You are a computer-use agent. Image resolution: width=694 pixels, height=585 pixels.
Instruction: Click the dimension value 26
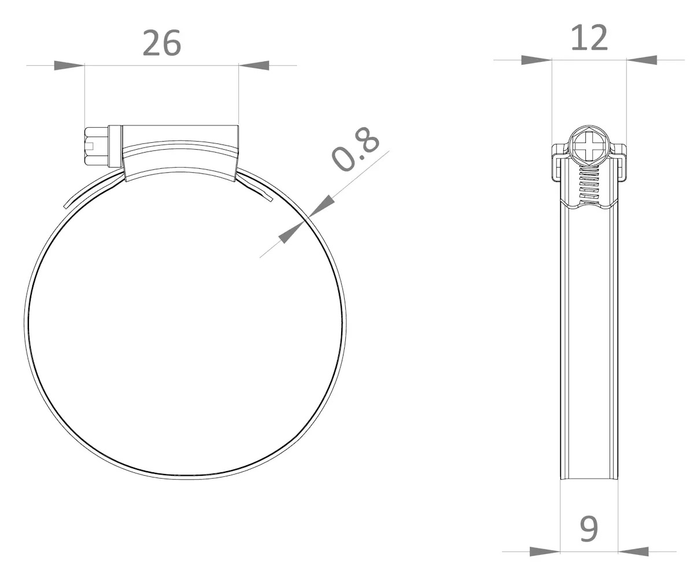162,43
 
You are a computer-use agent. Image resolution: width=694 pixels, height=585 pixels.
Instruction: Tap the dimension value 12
589,38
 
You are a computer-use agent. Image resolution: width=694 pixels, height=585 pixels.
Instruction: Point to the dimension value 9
589,529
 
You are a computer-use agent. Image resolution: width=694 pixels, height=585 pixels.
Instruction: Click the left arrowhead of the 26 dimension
69,65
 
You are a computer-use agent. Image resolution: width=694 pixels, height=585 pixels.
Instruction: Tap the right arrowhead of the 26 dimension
254,65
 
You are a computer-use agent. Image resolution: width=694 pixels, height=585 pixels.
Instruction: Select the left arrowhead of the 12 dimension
537,60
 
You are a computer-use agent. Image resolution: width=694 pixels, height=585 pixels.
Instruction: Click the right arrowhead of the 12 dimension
642,60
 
